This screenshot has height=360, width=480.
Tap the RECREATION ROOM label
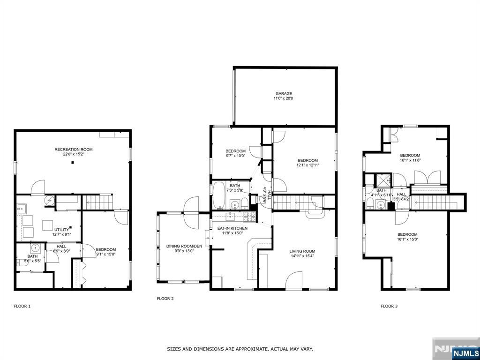pyautogui.click(x=74, y=150)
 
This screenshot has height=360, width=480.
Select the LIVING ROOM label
pyautogui.click(x=302, y=251)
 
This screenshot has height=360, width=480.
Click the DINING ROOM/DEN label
pyautogui.click(x=184, y=246)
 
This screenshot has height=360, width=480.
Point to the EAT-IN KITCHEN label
pyautogui.click(x=232, y=228)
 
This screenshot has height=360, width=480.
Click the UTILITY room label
pyautogui.click(x=62, y=229)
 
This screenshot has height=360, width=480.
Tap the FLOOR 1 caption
pyautogui.click(x=22, y=306)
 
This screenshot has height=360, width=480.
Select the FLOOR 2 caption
pyautogui.click(x=165, y=298)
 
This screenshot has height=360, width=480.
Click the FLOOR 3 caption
pyautogui.click(x=389, y=306)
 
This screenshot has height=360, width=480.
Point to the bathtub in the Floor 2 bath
pyautogui.click(x=219, y=195)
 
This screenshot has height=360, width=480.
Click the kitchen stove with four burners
pyautogui.click(x=249, y=217)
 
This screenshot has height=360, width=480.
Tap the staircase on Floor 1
pyautogui.click(x=98, y=202)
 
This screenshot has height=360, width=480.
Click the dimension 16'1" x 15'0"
pyautogui.click(x=407, y=239)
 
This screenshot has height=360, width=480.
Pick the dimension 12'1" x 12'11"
pyautogui.click(x=307, y=165)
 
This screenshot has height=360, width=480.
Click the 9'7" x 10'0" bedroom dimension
pyautogui.click(x=235, y=156)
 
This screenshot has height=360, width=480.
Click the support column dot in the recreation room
pyautogui.click(x=73, y=163)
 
